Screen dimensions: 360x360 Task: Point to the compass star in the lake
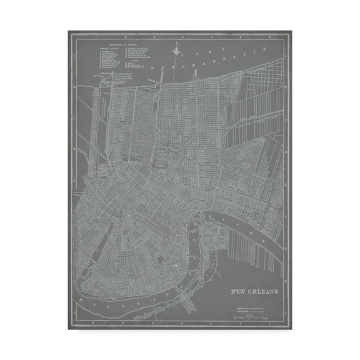[x=176, y=50]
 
